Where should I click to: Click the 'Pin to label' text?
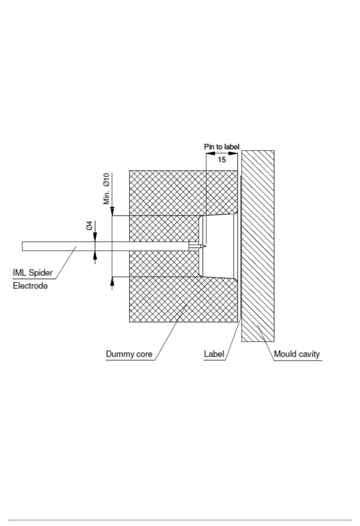tap(222, 147)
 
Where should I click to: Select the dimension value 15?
tap(222, 160)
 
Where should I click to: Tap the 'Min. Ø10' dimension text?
tap(107, 189)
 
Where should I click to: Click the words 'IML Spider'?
tap(33, 272)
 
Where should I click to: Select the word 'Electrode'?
tap(30, 286)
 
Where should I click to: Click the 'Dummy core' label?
tap(129, 354)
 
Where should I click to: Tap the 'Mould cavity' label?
tap(297, 354)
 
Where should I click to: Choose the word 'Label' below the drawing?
tap(214, 354)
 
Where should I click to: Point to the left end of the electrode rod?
tap(23, 246)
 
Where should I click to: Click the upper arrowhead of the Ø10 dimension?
tap(112, 212)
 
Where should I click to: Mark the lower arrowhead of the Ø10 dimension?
tap(112, 281)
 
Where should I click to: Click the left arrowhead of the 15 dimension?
tap(210, 153)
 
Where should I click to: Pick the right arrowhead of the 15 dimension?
tap(233, 153)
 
